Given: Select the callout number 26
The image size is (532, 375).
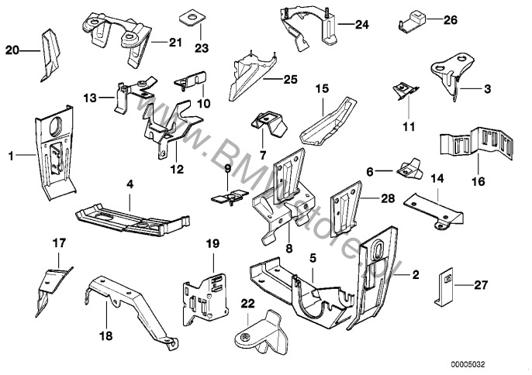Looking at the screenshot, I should [x=451, y=20].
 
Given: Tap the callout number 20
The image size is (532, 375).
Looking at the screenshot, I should [x=12, y=51].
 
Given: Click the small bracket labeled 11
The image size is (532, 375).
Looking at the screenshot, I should [x=406, y=91].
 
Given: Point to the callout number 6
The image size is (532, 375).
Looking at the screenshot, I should [x=370, y=171].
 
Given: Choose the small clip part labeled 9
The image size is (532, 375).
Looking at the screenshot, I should [x=226, y=198].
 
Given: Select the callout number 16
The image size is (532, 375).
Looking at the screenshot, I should [x=478, y=181].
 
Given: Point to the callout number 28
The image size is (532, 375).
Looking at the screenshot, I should [x=388, y=199].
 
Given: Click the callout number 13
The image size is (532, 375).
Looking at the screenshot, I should [x=90, y=98].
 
